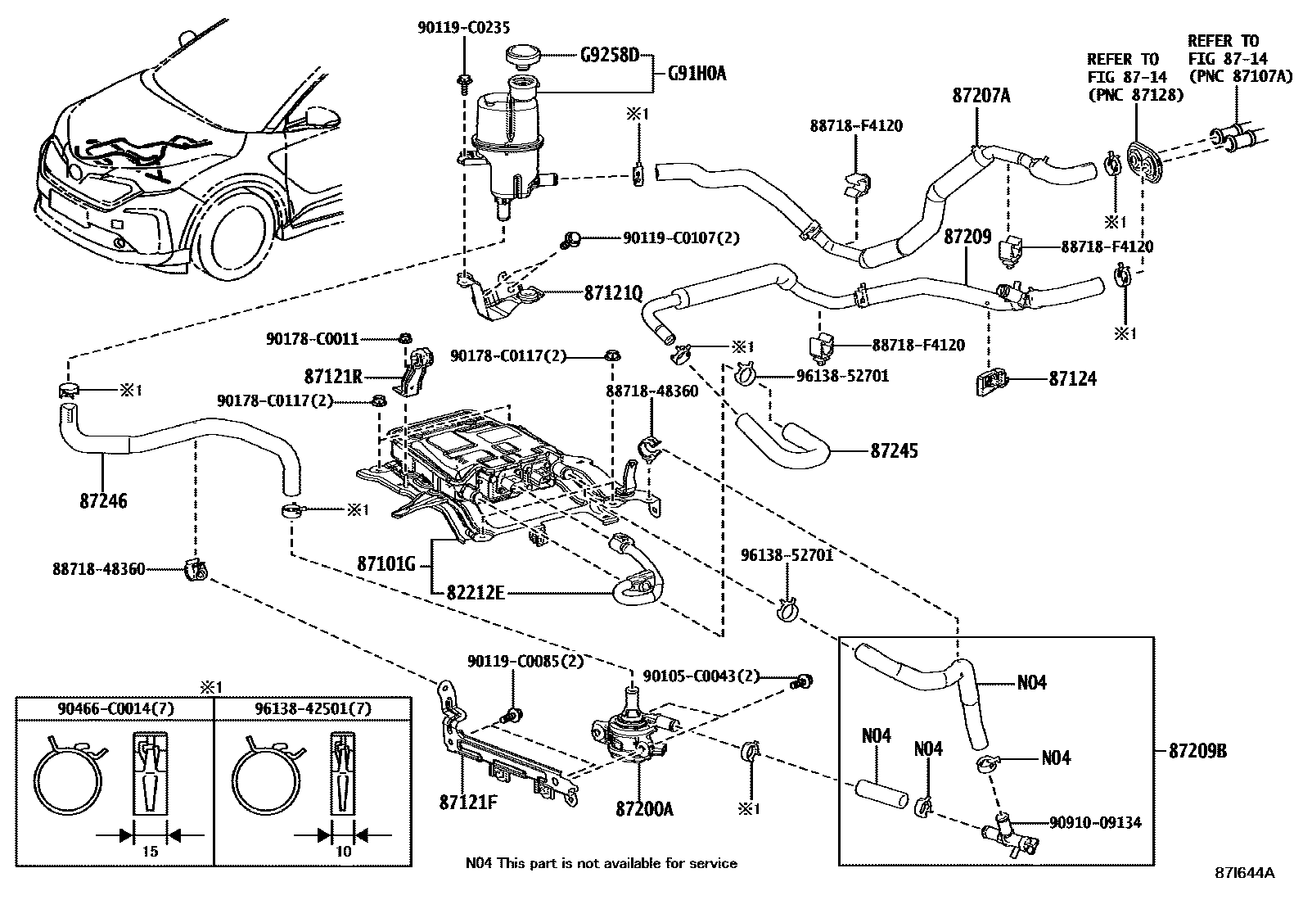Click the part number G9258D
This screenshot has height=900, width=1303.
tap(609, 57)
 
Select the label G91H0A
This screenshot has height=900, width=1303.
tap(697, 74)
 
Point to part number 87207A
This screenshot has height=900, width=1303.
tap(981, 96)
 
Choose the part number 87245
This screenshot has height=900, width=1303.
tap(894, 450)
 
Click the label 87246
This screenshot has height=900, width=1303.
tap(103, 500)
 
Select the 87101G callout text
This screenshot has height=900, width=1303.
tap(386, 563)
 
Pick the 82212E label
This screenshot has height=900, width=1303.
tap(475, 592)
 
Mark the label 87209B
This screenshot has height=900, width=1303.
tap(1197, 751)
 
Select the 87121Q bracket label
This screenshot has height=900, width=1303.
tap(613, 292)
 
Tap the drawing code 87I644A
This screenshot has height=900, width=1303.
tap(1244, 873)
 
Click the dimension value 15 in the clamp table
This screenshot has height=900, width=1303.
tap(149, 852)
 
